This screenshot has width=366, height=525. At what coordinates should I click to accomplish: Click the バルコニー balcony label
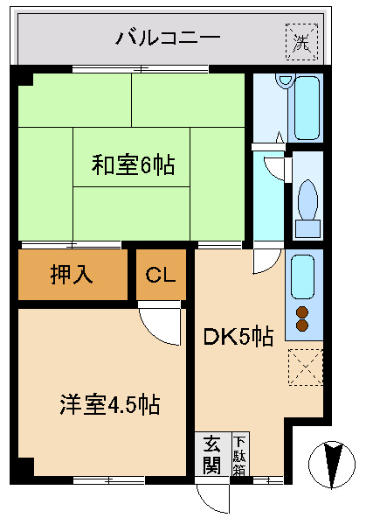(168, 38)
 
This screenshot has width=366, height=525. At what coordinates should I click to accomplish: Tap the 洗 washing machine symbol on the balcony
(302, 42)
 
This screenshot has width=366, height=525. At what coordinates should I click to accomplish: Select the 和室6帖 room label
(133, 164)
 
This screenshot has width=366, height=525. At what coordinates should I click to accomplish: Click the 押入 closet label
(72, 275)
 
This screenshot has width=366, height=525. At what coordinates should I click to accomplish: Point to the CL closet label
(161, 275)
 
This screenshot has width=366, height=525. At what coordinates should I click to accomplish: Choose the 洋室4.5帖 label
(110, 404)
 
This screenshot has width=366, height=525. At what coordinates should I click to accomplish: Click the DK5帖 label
(238, 337)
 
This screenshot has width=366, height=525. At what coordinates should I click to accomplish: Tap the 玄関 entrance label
(212, 454)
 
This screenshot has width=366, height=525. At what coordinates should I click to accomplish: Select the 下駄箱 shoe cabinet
(240, 454)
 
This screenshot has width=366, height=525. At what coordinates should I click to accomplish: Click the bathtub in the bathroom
(307, 108)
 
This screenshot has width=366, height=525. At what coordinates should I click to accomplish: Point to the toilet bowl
(307, 199)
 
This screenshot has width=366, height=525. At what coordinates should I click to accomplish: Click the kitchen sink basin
(302, 276)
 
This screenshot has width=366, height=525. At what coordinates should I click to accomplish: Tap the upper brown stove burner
(302, 312)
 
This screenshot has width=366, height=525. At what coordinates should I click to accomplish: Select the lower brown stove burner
(302, 325)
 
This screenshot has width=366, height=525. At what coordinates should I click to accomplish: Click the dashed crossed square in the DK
(306, 367)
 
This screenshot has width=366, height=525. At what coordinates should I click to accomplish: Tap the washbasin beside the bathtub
(285, 81)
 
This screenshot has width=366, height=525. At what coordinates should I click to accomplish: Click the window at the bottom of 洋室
(109, 480)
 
